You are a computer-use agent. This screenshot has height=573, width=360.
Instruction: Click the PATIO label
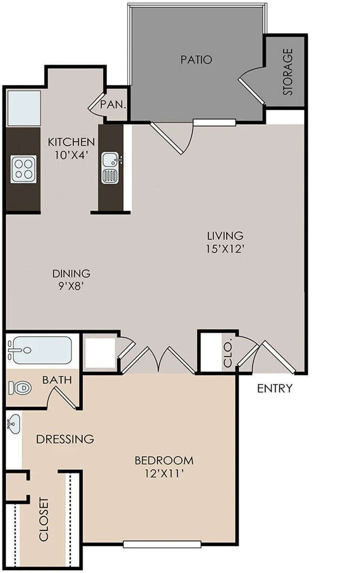(x=196, y=60)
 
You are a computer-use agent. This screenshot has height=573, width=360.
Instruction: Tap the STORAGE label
(x=287, y=72)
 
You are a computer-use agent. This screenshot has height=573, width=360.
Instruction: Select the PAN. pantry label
(x=113, y=105)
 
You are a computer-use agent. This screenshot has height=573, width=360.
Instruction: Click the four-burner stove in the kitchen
(x=23, y=169)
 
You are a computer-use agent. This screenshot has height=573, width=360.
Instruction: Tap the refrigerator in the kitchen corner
(x=24, y=108)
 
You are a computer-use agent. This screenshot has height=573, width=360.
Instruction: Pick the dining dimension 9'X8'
(x=72, y=286)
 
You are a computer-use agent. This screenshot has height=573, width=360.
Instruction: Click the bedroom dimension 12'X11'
(x=165, y=474)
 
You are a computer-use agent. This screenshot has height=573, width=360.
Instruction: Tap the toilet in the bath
(x=20, y=388)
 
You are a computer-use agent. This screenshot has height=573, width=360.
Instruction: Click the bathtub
(x=40, y=350)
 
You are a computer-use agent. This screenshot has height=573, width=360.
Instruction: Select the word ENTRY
(x=274, y=388)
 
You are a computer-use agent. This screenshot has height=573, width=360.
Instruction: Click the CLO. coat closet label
(x=227, y=352)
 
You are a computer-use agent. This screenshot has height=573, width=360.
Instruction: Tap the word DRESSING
(x=65, y=439)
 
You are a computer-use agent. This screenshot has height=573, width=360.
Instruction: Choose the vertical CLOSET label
(x=44, y=520)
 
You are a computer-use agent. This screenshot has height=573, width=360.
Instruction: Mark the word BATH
(x=57, y=380)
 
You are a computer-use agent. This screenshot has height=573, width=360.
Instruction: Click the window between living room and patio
(x=214, y=122)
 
